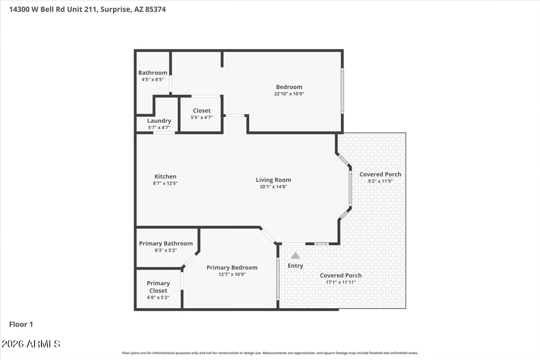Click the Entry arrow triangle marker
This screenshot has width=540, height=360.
[295, 255]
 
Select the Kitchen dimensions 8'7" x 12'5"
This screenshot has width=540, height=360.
[165, 183]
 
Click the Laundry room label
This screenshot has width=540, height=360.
[159, 121]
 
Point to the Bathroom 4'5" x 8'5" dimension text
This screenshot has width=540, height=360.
[153, 79]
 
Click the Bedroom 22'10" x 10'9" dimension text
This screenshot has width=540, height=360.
[289, 94]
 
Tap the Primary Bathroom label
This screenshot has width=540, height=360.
[166, 243]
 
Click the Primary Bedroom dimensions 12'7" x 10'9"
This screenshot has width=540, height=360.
[232, 274]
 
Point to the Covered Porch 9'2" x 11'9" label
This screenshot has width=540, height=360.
[380, 174]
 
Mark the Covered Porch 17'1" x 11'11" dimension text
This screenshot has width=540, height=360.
[341, 282]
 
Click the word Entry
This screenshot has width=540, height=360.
[295, 265]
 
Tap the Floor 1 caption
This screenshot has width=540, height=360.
[21, 324]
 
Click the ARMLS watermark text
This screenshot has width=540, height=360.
[31, 344]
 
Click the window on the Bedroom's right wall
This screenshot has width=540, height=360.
[342, 90]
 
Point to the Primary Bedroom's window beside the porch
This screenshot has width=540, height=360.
[278, 278]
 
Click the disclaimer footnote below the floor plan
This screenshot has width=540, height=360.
[270, 353]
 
